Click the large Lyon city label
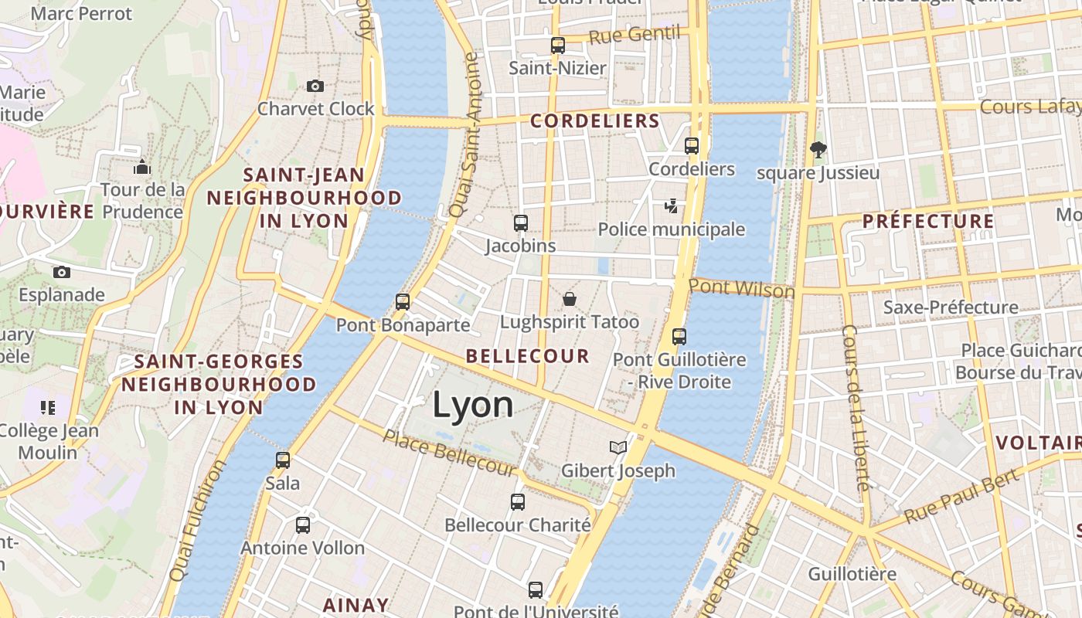pos(472,406)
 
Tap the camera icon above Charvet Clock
pos(315,86)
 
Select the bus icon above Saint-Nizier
pos(558,45)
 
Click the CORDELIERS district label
pos(594,121)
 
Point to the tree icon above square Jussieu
pos(818,149)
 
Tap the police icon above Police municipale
pos(672,206)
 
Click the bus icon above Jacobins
pos(521,223)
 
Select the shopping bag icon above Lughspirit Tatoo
pos(570,298)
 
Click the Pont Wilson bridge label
pos(741,289)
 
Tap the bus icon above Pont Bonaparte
pos(403,302)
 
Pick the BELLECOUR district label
pos(528,356)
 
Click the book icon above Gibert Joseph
pos(618,447)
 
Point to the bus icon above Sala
pos(283,460)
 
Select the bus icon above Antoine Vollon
pos(303,525)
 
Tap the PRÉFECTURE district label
pos(928,222)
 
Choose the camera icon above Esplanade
pos(62,272)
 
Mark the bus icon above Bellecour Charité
pos(518,502)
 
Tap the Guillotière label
pos(852,574)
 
